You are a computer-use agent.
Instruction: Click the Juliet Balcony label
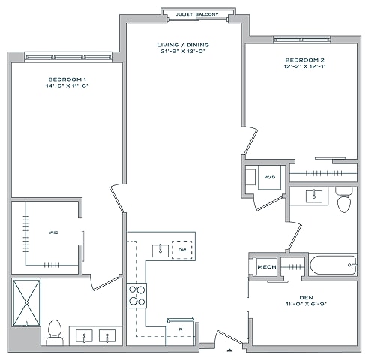(197, 14)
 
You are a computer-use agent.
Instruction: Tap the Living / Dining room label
(183, 45)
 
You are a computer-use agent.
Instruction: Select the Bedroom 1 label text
(67, 79)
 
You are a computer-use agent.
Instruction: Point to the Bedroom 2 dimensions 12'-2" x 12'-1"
(305, 66)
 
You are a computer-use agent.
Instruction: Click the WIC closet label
(53, 232)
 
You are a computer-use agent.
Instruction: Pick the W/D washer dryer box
(270, 178)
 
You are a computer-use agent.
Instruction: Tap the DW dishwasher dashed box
(182, 250)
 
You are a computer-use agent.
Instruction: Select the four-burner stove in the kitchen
(137, 295)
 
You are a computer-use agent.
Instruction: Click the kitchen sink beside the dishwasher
(160, 250)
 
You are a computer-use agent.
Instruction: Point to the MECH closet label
(267, 267)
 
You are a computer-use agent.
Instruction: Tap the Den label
(307, 298)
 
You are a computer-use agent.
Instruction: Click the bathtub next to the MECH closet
(333, 265)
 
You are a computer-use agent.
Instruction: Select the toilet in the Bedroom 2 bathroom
(344, 199)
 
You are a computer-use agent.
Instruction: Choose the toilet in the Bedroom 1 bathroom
(55, 332)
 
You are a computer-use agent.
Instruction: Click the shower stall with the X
(26, 303)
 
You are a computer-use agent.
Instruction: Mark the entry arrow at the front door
(229, 350)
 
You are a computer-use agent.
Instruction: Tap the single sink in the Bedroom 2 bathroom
(314, 196)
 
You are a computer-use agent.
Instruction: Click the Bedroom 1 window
(68, 57)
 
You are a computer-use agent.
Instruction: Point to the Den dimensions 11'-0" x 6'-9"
(307, 304)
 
